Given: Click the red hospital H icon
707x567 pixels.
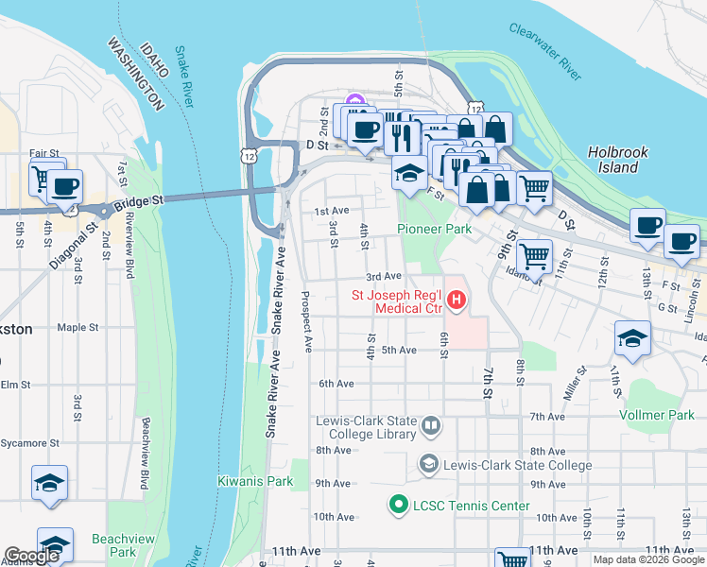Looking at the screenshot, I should [x=457, y=301].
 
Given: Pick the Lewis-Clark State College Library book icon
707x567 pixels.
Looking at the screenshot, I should [x=431, y=426].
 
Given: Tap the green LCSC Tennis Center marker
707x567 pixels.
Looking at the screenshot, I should [x=398, y=506].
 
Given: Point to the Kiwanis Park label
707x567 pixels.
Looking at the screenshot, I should [x=255, y=482].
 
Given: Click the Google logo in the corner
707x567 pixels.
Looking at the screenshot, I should [x=31, y=556].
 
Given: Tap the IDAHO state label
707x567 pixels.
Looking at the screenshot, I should [x=153, y=62].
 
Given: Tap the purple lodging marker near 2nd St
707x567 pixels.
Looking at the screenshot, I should [x=355, y=101].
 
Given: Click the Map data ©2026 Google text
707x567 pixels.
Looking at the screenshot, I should [x=647, y=559].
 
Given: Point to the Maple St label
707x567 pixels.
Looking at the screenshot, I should [x=78, y=328].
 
